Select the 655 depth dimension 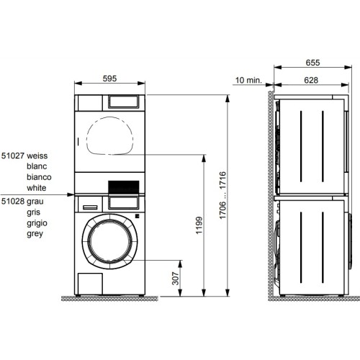[310, 63]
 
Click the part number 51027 [12, 155]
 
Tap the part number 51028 [12, 201]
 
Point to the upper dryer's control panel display [125, 102]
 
